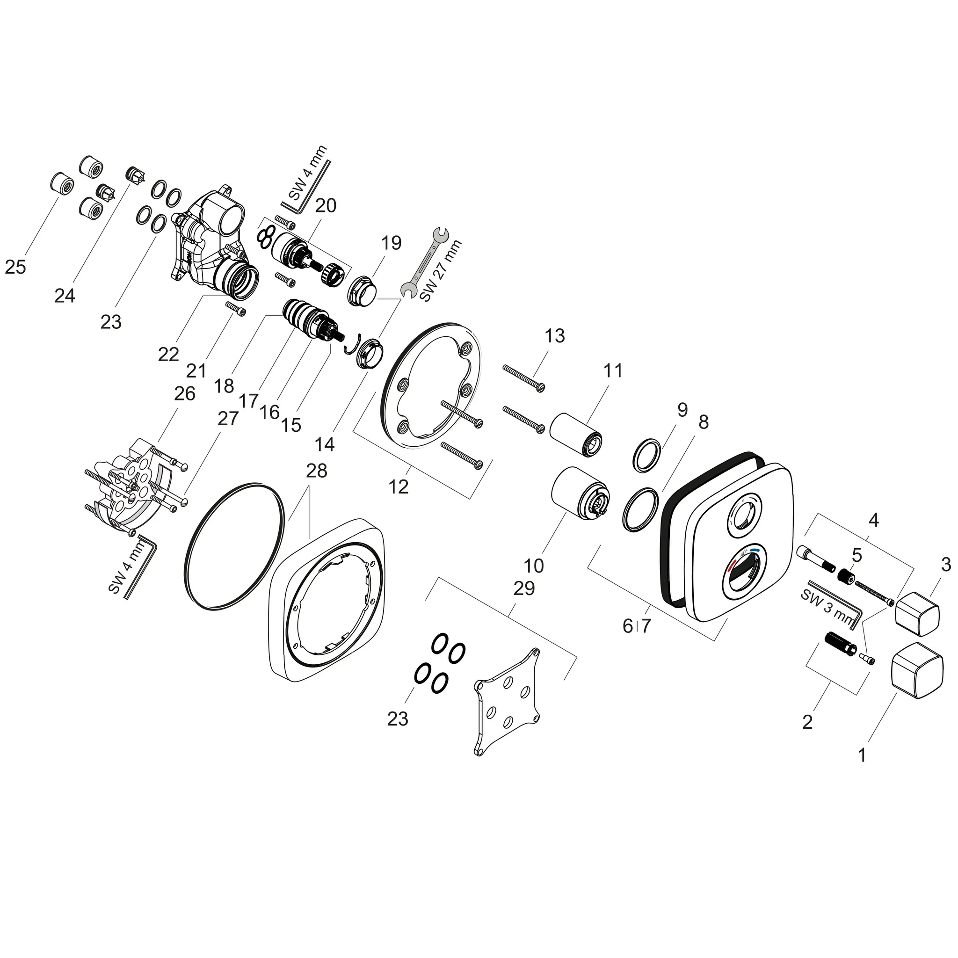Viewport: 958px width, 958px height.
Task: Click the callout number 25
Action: coord(15,267)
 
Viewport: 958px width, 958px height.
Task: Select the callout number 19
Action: coord(391,243)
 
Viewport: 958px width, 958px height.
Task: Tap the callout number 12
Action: coord(399,487)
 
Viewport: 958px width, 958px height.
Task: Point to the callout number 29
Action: coord(524,588)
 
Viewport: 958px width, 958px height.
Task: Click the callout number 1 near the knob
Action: coord(862,755)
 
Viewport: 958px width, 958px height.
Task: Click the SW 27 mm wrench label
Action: coord(440,271)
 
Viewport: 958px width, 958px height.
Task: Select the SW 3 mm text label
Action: coord(827,606)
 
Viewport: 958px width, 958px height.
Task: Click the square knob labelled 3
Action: coord(917,613)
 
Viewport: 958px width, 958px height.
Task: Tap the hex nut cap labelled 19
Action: coord(363,291)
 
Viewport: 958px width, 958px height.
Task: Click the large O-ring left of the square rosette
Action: coord(234,545)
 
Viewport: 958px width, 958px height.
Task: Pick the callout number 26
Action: coord(184,394)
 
